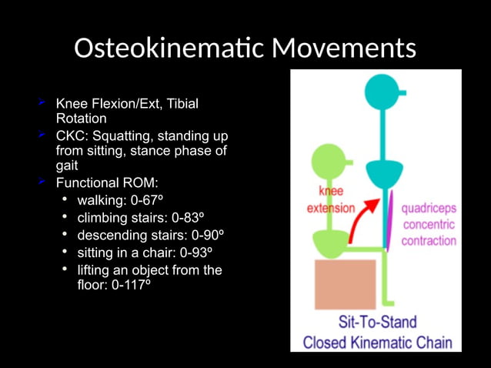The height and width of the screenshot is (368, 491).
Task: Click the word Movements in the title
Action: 344,49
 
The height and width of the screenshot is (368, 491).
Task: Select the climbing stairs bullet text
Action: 145,218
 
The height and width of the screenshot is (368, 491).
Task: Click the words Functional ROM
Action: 107,183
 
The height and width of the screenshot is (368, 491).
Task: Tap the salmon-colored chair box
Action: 345,284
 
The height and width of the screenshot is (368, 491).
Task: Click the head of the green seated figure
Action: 329,164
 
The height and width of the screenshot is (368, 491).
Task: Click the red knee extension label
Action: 331,199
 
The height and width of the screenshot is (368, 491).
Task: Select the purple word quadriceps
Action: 428,209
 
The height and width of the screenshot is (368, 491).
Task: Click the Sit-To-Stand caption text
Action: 377,323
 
